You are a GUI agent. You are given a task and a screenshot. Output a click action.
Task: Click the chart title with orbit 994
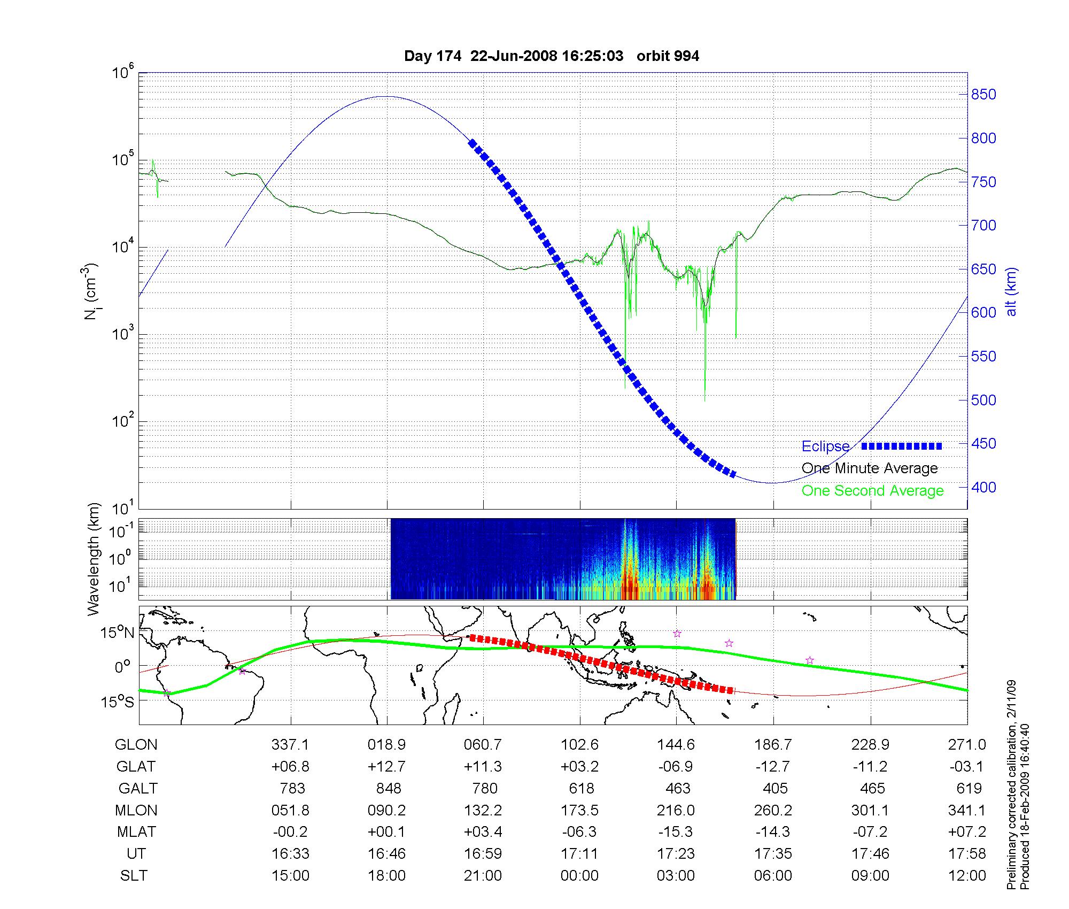[x=551, y=56]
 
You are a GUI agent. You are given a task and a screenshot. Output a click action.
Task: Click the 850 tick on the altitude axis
[x=983, y=95]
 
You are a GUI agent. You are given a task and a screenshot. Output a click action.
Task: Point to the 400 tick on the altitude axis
[x=983, y=487]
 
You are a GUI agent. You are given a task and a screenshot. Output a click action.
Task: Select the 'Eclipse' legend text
[x=825, y=446]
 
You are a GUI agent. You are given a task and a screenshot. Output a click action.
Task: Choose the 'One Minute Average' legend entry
[x=870, y=468]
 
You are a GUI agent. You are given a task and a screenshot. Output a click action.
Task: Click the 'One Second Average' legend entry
[x=872, y=491]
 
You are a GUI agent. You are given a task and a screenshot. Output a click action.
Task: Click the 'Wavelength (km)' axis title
[x=94, y=559]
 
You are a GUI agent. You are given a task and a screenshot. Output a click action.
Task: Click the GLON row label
[x=136, y=745]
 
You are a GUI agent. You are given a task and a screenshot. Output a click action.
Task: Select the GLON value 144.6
[x=676, y=745]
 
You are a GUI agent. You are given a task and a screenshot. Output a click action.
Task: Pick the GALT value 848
[x=388, y=789]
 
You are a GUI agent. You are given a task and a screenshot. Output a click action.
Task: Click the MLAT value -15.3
[x=676, y=832]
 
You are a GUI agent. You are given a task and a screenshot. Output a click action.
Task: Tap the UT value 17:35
[x=773, y=854]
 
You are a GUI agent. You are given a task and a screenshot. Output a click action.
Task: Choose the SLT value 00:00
[x=579, y=876]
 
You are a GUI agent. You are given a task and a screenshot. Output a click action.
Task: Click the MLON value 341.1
[x=967, y=811]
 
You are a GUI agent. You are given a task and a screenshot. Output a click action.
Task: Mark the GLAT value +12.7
[x=386, y=767]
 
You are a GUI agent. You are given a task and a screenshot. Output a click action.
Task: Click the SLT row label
[x=134, y=876]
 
